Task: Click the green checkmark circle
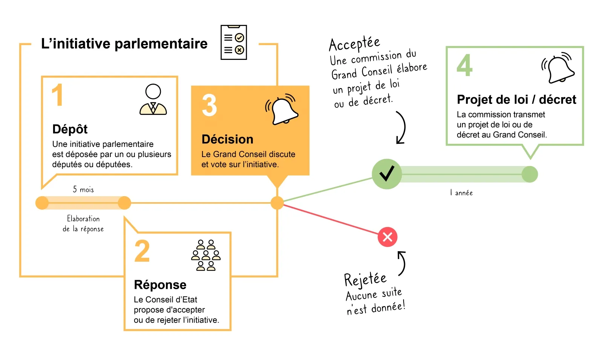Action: click(387, 174)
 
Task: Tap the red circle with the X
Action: click(387, 237)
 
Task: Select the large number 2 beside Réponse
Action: click(142, 251)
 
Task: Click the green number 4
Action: click(464, 65)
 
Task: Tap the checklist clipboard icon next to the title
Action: click(234, 43)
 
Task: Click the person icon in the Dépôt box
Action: click(153, 100)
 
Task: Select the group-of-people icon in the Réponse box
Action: click(206, 255)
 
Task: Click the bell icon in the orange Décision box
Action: click(282, 109)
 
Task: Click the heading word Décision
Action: click(227, 139)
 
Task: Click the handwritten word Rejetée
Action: click(365, 279)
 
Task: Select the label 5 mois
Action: click(83, 189)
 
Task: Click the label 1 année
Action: click(461, 193)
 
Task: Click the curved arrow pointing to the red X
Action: click(402, 263)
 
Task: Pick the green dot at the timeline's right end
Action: click(530, 174)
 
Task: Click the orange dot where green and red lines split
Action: click(277, 203)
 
